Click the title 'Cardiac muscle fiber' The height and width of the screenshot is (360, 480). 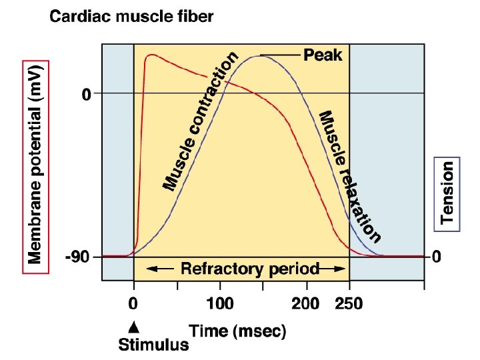(132, 17)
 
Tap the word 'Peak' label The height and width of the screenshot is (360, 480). (323, 55)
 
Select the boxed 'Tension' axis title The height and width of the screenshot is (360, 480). (447, 193)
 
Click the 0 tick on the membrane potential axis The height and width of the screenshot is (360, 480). (87, 95)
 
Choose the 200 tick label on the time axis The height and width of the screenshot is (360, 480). (305, 305)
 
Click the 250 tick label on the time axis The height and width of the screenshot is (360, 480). (349, 305)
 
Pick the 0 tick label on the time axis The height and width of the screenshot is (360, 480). (134, 305)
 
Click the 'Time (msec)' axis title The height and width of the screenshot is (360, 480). (237, 331)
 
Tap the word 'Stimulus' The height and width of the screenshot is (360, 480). (153, 345)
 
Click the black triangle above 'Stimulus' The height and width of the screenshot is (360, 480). (134, 326)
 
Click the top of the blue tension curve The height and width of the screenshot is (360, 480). (260, 56)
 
